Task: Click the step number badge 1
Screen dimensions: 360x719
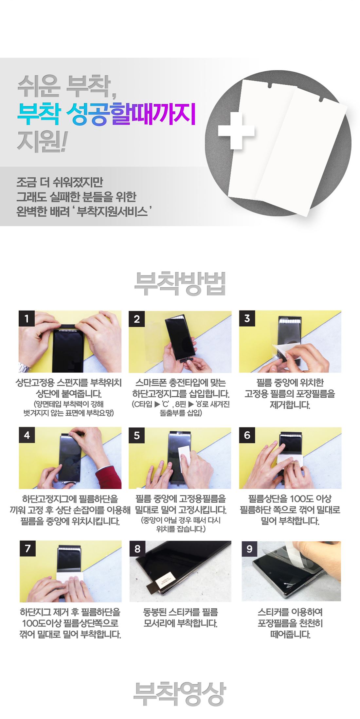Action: point(27,318)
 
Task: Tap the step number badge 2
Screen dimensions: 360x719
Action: point(137,318)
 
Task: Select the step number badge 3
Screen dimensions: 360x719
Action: point(247,318)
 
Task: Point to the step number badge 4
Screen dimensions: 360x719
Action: point(27,435)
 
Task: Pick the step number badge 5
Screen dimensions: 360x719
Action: point(137,435)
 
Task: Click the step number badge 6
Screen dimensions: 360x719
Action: point(247,435)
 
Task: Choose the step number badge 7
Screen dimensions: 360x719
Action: point(27,548)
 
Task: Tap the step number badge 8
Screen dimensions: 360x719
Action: point(137,548)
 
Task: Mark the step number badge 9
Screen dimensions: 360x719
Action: point(249,548)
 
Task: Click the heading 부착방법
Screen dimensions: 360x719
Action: point(180,283)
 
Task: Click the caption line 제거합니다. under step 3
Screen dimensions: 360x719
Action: point(290,405)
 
